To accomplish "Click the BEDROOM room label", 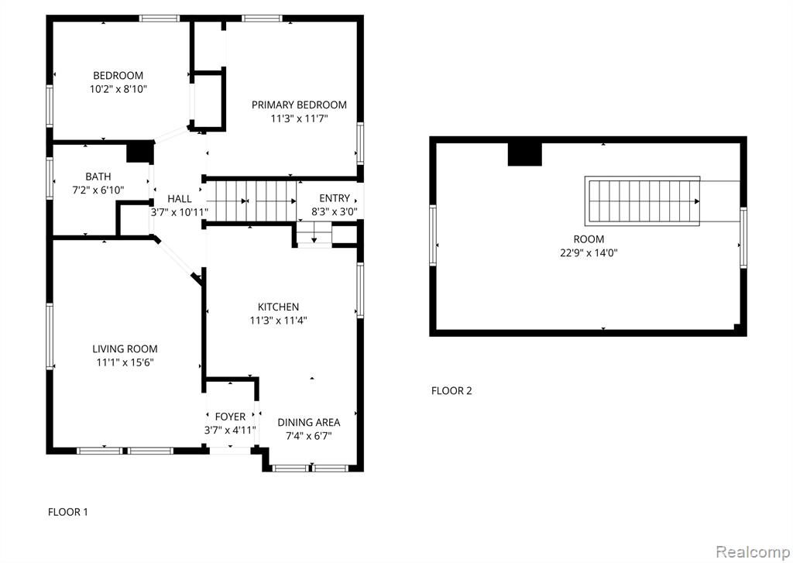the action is point(118,76).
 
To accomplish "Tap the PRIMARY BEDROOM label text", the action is point(299,105).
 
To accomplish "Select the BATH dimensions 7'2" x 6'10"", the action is point(98,191).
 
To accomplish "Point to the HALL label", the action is point(180,199).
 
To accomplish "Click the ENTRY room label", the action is point(335,198).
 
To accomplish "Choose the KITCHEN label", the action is point(278,307).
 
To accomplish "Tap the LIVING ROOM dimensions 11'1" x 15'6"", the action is point(125,362).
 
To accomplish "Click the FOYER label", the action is point(230,417).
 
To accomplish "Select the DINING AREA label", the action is point(308,422).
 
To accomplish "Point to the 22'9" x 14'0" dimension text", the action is point(589,253).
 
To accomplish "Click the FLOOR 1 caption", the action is point(68,512).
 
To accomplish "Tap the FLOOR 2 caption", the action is point(451,390).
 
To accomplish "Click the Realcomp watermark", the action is point(753,551).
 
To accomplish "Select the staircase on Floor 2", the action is point(642,201).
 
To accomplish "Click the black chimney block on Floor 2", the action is point(525,154).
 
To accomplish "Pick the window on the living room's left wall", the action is point(50,336).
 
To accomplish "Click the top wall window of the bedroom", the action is point(160,19).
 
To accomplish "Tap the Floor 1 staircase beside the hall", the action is point(252,201).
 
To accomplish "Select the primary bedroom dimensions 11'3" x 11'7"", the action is point(299,118).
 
